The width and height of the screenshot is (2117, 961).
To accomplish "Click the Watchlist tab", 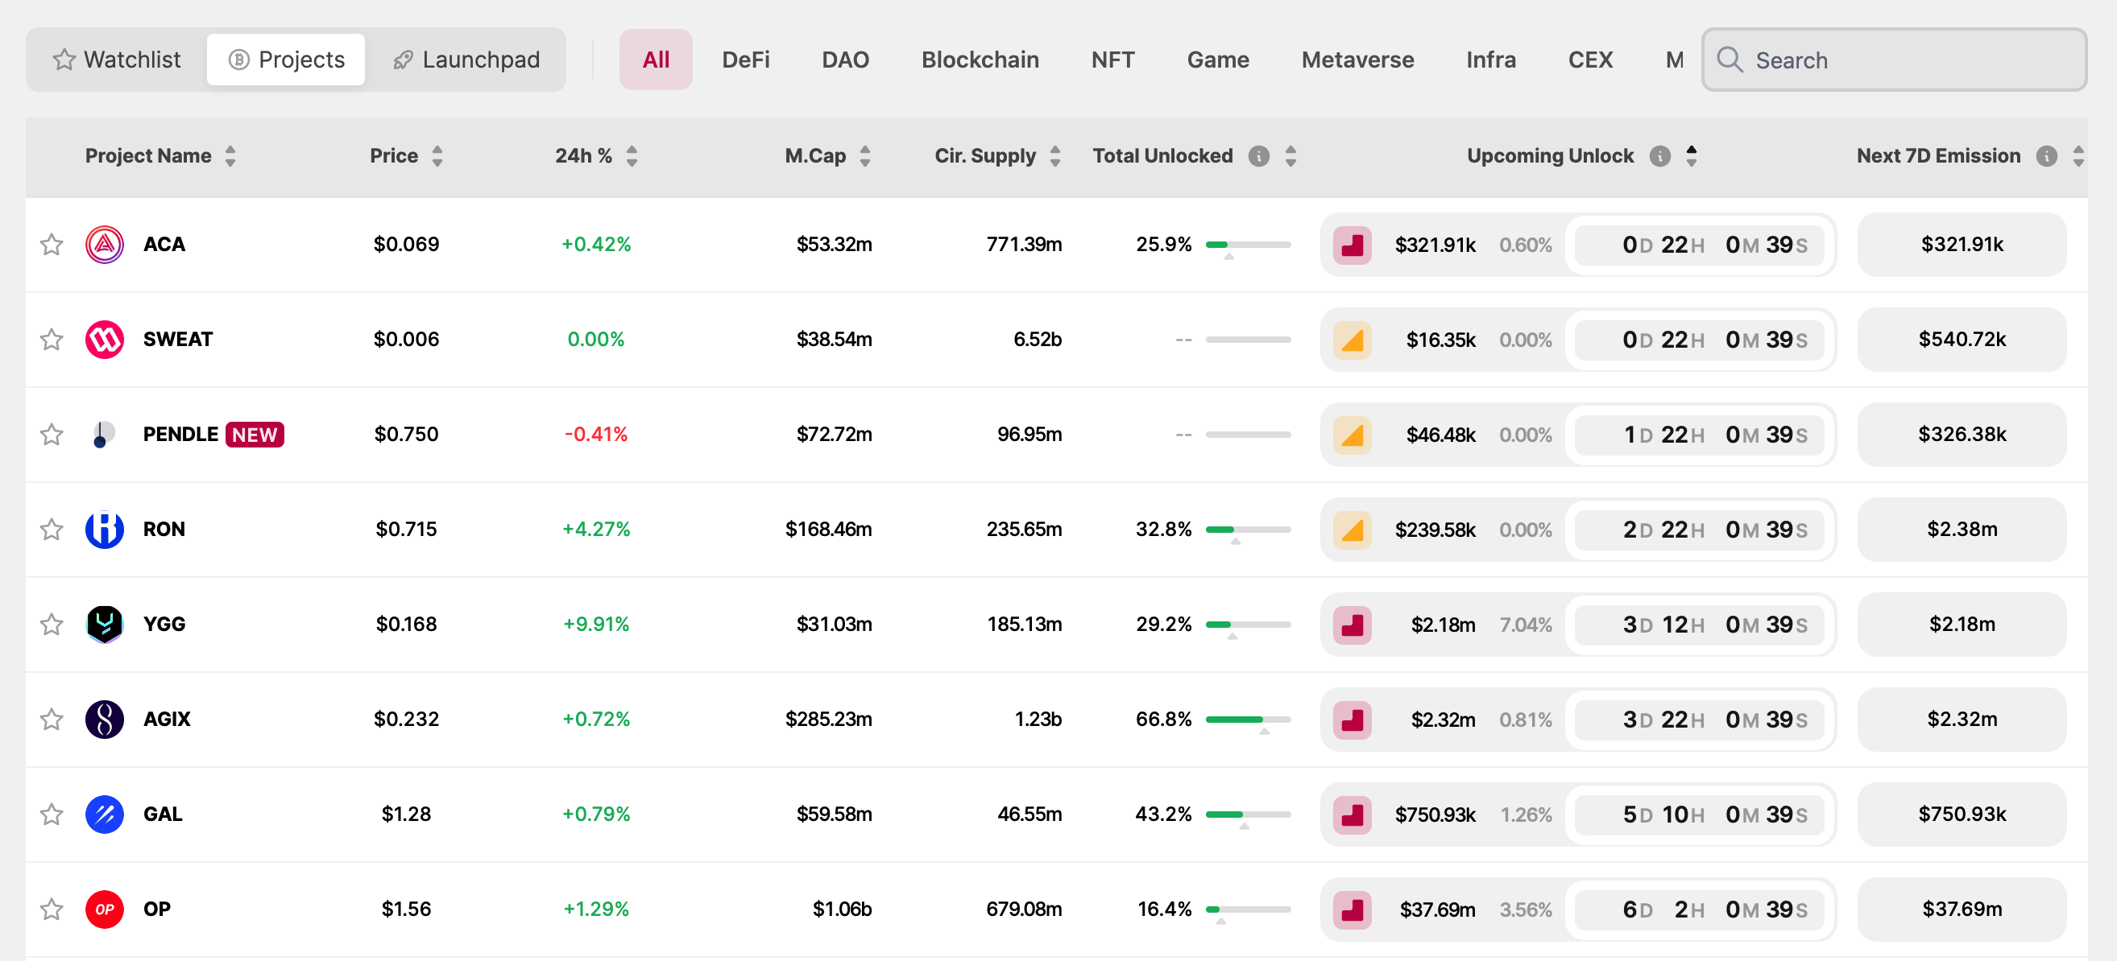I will coord(117,60).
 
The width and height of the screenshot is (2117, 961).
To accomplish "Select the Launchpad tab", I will coord(466,60).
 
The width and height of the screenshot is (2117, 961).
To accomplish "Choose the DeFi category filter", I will coord(745,60).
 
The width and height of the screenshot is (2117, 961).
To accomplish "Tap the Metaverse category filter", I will coord(1357,60).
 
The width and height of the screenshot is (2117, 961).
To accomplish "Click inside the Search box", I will coord(1907,60).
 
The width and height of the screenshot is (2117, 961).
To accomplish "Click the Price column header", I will coord(394,156).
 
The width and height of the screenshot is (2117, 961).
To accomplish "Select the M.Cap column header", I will coord(814,156).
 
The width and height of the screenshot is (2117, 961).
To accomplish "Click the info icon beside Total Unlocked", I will coord(1258,156).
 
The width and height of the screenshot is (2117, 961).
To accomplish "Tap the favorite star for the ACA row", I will coord(52,245).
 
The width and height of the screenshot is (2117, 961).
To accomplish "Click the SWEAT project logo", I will coord(105,339).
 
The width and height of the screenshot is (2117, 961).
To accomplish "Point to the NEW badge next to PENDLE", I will coord(255,435).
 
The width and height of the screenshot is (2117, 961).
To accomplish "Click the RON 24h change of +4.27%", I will coord(596,529).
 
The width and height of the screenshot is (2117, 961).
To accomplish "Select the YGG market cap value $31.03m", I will coord(833,625).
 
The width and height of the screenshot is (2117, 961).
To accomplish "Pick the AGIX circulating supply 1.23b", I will coord(1037,720).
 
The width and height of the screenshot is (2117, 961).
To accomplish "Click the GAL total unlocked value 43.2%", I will coord(1163,814).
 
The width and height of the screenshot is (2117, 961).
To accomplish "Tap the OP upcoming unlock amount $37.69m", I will coord(1437,909).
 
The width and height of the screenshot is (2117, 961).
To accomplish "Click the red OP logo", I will coord(105,909).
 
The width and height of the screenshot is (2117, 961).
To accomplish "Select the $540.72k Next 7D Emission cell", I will coord(1962,339).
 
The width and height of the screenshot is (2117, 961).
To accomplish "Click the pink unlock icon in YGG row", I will coord(1352,625).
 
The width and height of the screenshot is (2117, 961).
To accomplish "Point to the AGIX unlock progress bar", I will coord(1248,720).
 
